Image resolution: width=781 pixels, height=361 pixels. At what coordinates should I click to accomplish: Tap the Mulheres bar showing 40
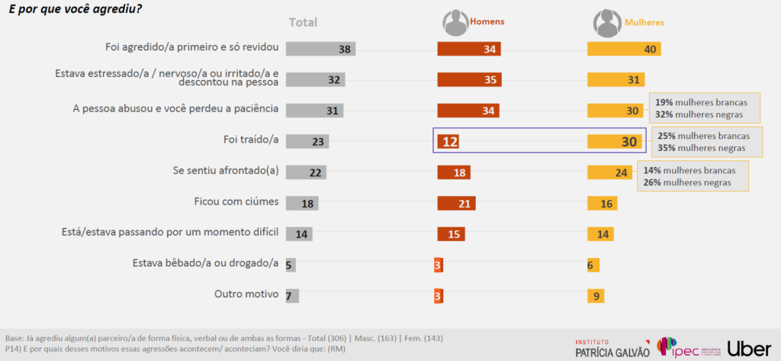click(x=623, y=49)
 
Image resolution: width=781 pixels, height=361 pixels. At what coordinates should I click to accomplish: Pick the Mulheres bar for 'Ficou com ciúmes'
click(x=603, y=203)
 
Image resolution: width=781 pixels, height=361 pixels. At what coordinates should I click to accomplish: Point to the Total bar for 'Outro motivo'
click(x=292, y=295)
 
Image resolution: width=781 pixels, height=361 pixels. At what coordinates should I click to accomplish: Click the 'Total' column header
click(x=303, y=22)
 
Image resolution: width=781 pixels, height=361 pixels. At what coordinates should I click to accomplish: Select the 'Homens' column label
click(x=487, y=22)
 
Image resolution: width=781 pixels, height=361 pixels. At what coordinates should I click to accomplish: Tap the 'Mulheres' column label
click(x=644, y=22)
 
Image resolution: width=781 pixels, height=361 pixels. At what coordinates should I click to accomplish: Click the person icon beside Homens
click(x=456, y=23)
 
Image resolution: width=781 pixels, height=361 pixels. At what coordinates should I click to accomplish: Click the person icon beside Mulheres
click(x=608, y=23)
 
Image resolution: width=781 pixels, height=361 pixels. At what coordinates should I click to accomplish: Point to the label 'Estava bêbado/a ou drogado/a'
click(x=205, y=264)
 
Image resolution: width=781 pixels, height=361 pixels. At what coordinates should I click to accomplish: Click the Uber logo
click(x=749, y=347)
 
